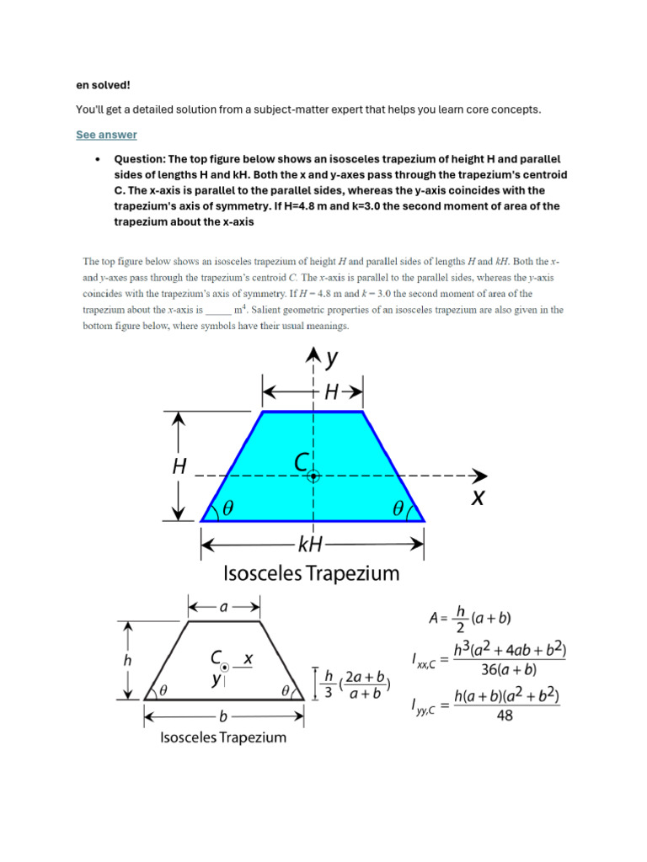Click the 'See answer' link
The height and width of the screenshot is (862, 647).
106,135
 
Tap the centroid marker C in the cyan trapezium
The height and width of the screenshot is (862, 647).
313,476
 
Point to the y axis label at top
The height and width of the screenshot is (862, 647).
332,359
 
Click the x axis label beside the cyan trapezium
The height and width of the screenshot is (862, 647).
478,498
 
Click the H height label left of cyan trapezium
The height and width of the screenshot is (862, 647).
179,466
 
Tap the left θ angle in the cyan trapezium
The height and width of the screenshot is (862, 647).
227,508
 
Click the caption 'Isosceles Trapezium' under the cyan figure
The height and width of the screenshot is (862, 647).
311,575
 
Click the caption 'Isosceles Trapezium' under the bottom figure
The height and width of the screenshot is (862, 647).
223,737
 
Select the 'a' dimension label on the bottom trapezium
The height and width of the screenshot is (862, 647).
224,606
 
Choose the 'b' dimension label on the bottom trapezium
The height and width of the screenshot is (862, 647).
223,717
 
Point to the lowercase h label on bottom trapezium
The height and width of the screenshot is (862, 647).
127,661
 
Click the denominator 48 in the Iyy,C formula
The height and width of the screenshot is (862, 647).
505,715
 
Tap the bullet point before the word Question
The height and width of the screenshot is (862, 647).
99,159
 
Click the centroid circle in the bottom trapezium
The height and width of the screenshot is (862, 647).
224,667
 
